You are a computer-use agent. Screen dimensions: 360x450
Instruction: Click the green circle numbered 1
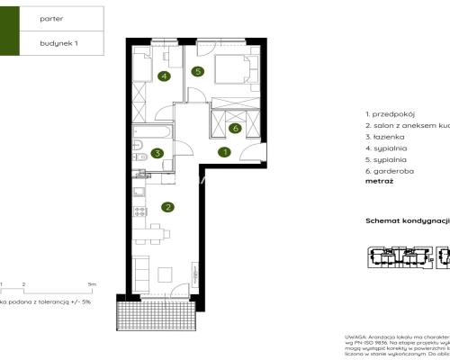tap(223, 152)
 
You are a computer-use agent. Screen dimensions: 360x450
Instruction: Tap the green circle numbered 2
tap(167, 207)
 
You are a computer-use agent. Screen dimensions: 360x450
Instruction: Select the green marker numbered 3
tap(157, 154)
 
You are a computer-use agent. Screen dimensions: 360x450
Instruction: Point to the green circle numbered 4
tap(165, 76)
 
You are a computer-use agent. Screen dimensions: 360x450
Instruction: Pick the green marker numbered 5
tap(198, 71)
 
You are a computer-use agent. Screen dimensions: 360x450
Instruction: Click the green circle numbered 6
tap(235, 129)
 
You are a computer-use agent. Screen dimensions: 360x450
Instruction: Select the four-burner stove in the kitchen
tap(139, 212)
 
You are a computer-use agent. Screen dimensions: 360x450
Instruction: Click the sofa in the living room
tap(140, 270)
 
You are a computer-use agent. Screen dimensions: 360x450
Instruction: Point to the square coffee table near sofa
tap(166, 273)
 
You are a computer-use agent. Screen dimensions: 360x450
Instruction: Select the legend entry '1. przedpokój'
tap(393, 114)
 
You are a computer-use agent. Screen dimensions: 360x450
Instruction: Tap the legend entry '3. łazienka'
tap(389, 136)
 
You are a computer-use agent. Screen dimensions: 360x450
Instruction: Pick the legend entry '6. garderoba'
tap(392, 169)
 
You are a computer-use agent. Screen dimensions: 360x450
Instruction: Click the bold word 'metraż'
tap(379, 180)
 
